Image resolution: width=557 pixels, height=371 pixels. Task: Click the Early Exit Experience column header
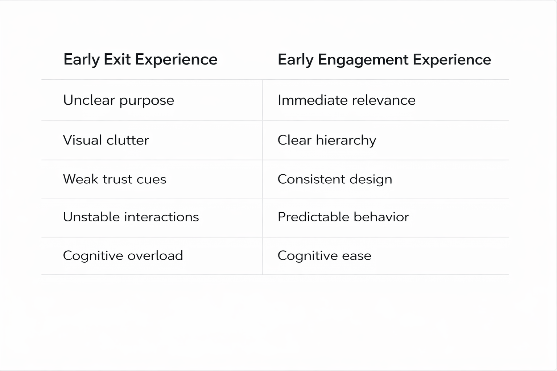coord(140,59)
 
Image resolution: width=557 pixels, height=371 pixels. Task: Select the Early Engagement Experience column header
coord(384,59)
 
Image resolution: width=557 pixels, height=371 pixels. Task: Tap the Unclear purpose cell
coord(119,100)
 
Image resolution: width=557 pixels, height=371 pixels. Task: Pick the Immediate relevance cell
coord(346,100)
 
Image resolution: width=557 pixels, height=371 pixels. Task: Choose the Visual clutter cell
coord(106,140)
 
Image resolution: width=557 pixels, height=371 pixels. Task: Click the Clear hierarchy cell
coord(327,140)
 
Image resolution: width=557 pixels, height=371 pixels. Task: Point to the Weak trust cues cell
coord(115,179)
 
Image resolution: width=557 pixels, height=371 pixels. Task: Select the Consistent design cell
coord(335,179)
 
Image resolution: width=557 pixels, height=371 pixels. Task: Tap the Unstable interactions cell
coord(131,217)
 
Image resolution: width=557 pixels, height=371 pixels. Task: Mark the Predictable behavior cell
coord(343,217)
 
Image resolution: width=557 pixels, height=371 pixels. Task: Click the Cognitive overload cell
coord(123,256)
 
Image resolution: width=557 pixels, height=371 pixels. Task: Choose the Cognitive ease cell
coord(324,256)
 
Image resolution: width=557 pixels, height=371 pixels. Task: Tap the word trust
coord(117,179)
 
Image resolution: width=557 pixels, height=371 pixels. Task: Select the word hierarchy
coord(346,141)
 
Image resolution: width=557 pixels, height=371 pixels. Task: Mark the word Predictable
coord(309,217)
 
